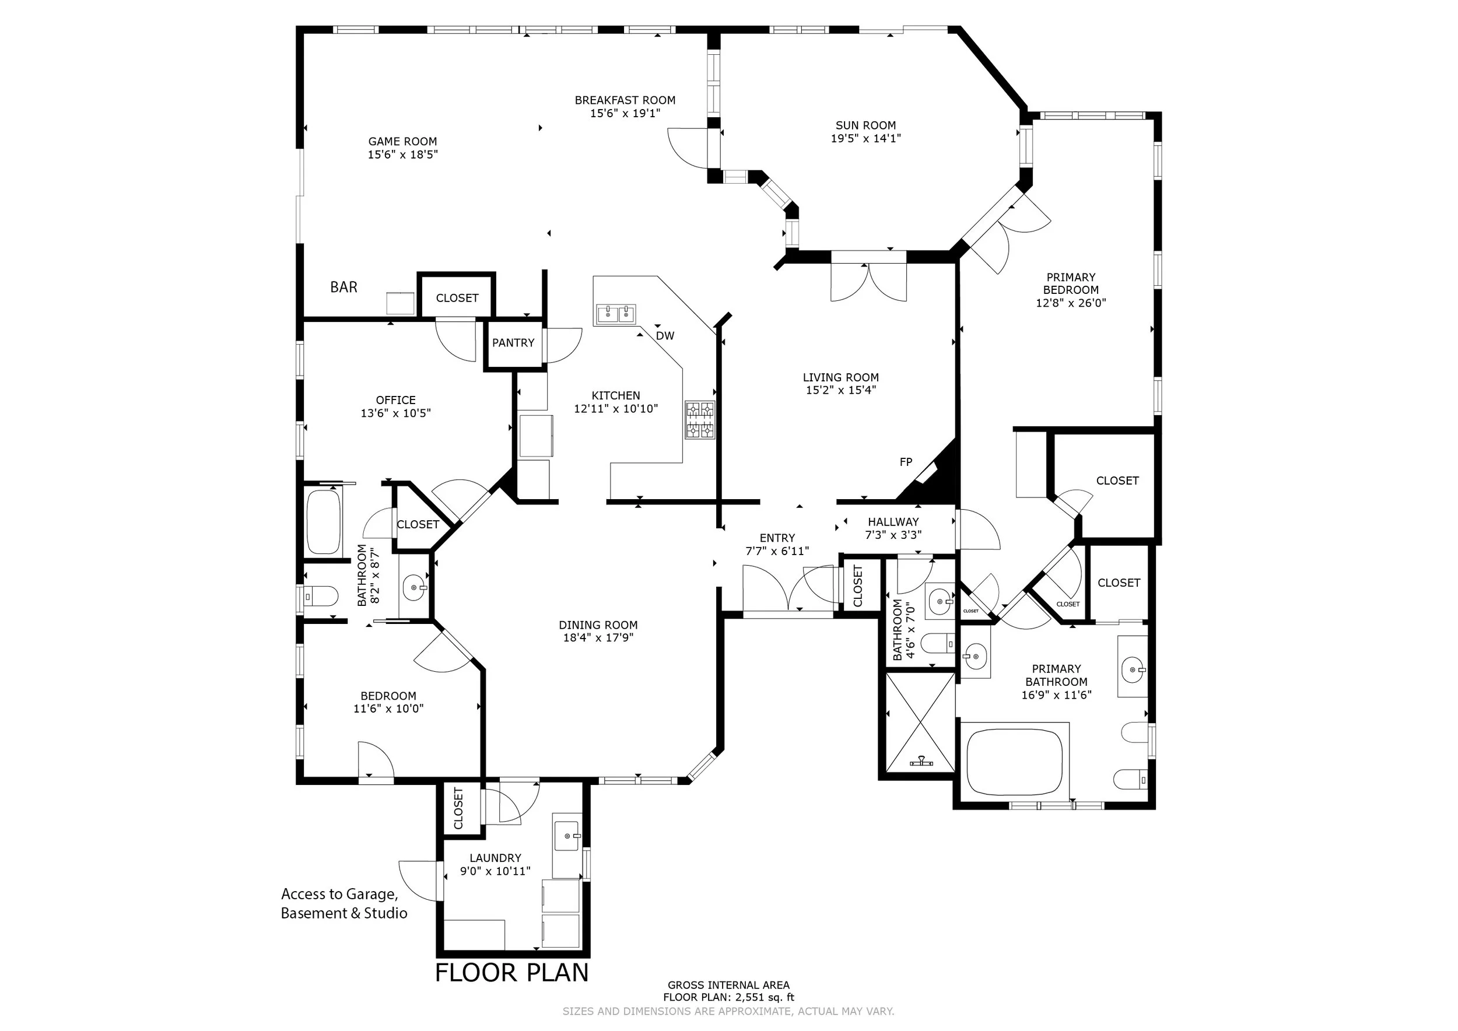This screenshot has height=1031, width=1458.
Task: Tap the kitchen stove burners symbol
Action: point(699,420)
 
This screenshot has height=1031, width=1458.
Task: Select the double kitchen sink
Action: point(616,314)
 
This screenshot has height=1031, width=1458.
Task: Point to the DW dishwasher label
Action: point(665,336)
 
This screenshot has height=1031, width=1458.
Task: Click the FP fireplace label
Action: point(906,462)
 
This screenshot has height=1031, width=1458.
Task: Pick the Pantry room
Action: point(514,343)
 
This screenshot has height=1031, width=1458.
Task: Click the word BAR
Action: point(344,287)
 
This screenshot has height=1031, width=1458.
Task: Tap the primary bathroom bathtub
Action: point(1014,762)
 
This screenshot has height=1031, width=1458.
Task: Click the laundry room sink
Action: point(567,836)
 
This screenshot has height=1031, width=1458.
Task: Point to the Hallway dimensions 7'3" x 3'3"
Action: point(893,535)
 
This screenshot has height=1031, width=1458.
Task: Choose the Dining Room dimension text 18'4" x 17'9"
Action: point(598,638)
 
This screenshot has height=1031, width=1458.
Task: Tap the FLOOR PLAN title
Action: point(512,973)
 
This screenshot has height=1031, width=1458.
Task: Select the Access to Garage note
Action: point(344,903)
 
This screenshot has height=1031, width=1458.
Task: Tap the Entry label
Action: point(777,538)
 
